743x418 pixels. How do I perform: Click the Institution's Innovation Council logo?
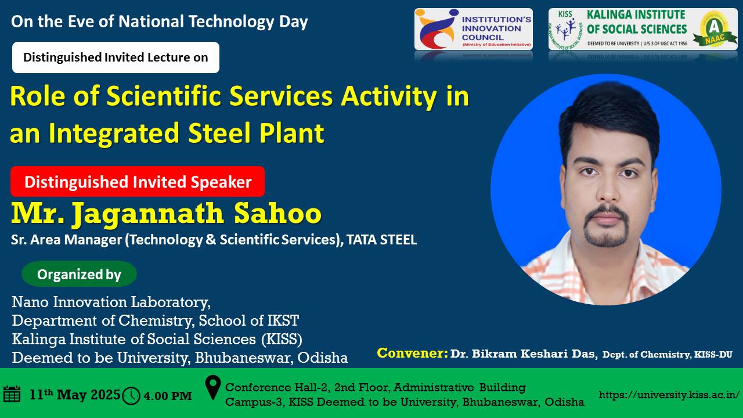[x=473, y=29]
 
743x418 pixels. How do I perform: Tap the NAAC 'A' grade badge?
[x=714, y=29]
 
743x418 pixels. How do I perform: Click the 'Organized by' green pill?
[x=79, y=274]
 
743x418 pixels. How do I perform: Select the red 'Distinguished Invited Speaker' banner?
[x=138, y=182]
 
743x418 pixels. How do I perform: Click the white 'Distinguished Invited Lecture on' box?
[x=116, y=57]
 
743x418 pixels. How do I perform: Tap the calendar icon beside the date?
[x=12, y=394]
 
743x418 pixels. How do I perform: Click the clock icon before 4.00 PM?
[x=131, y=396]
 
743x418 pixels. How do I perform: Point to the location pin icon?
[x=212, y=387]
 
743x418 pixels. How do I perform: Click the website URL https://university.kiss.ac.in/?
[x=669, y=395]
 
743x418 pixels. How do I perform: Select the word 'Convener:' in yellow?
[x=412, y=353]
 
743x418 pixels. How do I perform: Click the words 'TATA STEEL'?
[x=381, y=240]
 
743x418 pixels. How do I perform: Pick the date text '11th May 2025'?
[x=75, y=395]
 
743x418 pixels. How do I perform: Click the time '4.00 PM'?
[x=168, y=396]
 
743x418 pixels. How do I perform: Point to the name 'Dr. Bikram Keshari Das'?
[x=524, y=354]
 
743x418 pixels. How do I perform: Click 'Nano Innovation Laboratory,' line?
[x=111, y=302]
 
